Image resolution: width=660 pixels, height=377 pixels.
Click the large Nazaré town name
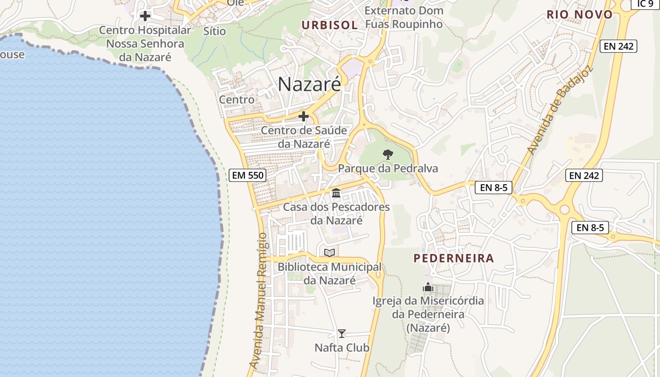click(309, 84)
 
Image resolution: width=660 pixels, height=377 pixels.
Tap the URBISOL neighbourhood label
click(330, 25)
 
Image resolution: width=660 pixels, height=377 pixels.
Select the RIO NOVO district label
click(579, 15)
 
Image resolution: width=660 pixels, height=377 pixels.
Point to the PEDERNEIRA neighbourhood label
click(454, 258)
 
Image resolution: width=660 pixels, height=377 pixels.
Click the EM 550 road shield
click(248, 175)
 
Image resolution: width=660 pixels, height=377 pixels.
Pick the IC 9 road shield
click(645, 4)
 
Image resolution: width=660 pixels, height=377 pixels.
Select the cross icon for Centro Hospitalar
click(145, 16)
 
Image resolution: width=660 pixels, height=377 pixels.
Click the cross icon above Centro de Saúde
click(304, 116)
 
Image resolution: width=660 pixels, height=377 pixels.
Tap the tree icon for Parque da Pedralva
click(388, 154)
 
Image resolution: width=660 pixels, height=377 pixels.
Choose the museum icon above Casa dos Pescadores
click(336, 193)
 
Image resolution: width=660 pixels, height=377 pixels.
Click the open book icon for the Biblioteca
click(330, 253)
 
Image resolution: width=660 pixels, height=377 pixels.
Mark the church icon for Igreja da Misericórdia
click(428, 287)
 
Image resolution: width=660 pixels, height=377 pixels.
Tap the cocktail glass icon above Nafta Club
click(342, 334)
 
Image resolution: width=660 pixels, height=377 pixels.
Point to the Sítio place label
click(214, 32)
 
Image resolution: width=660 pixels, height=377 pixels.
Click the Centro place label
click(237, 99)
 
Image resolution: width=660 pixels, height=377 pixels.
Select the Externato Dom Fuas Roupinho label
click(404, 17)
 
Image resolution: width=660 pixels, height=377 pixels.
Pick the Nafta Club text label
click(342, 348)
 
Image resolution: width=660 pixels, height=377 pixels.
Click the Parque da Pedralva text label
click(388, 168)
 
